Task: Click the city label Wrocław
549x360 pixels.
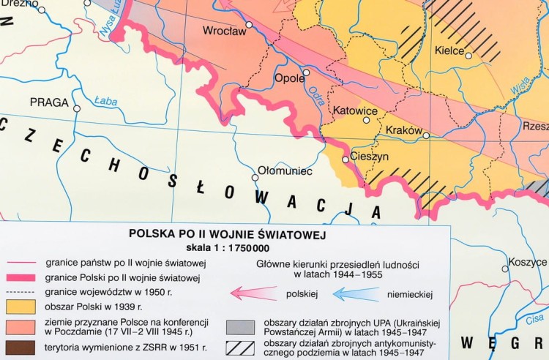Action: click(225, 31)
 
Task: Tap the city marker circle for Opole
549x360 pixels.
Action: click(307, 72)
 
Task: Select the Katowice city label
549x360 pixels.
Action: click(355, 110)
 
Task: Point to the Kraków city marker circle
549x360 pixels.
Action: click(426, 135)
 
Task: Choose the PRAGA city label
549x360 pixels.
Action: click(49, 102)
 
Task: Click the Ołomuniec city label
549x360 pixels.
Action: click(287, 170)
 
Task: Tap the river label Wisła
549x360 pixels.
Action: click(520, 87)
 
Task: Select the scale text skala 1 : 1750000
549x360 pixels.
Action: click(227, 247)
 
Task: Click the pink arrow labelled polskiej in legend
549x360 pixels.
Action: click(253, 293)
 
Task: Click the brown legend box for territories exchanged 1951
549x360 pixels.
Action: click(20, 347)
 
